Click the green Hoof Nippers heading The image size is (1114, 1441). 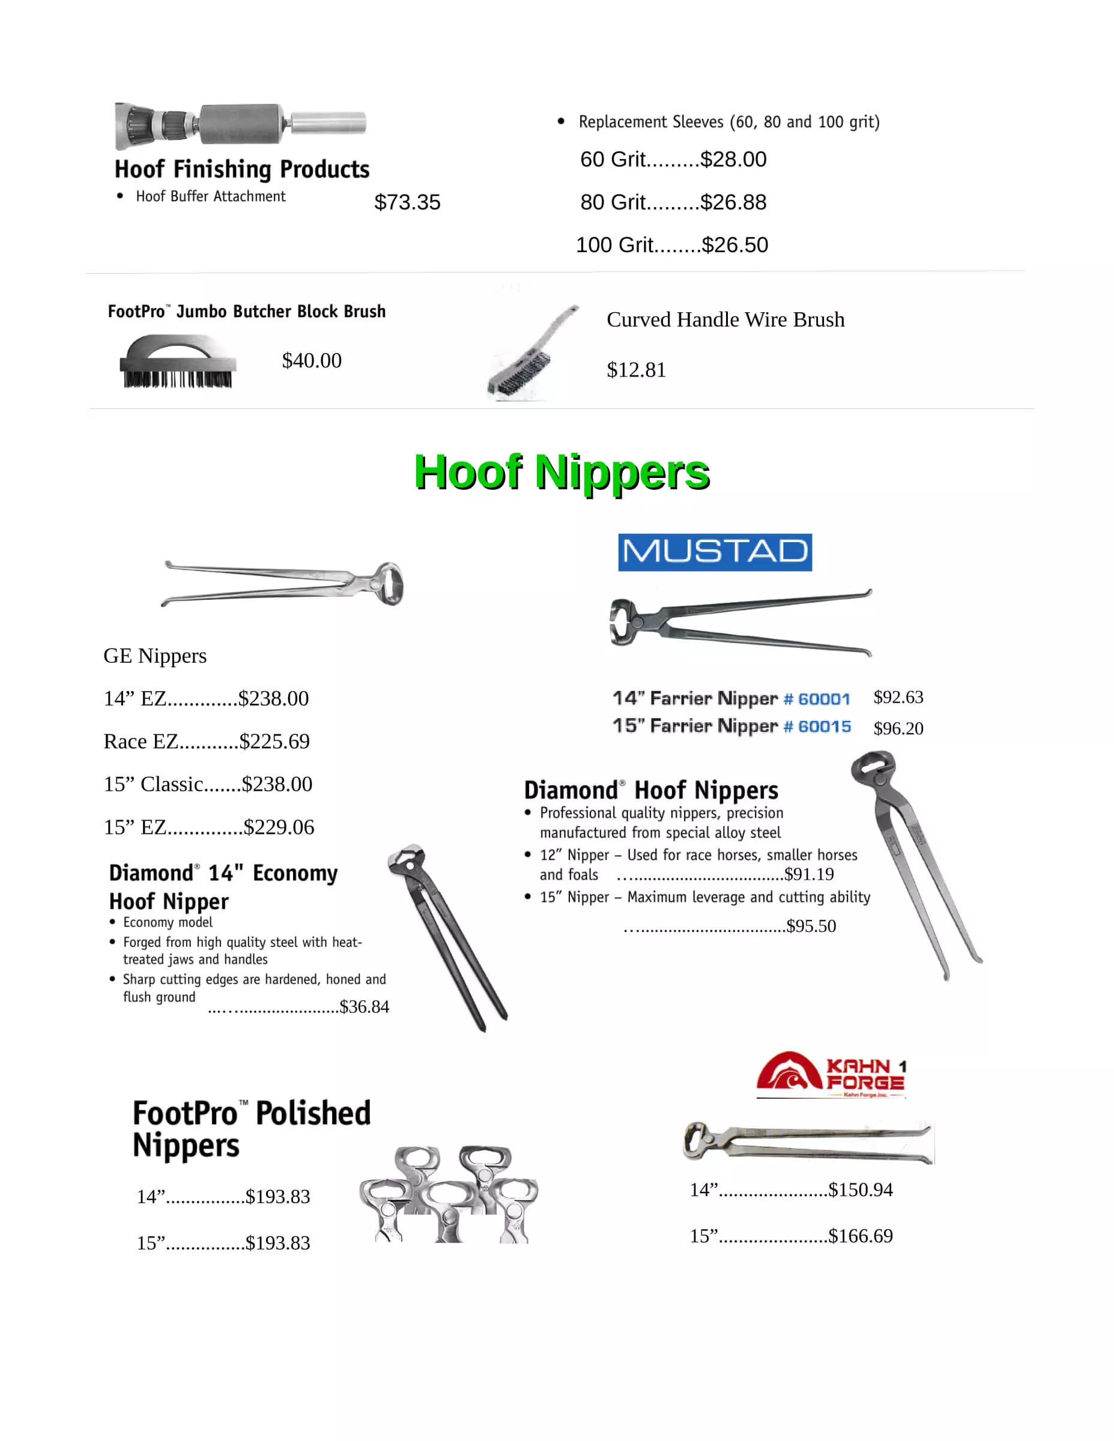pos(562,473)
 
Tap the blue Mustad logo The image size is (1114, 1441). pos(715,552)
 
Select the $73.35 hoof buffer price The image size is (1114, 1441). pos(407,202)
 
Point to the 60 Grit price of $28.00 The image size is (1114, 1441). pos(733,160)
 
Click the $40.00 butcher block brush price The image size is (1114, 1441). pos(312,360)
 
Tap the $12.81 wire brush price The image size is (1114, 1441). pos(636,370)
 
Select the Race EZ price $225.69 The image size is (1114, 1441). pos(274,742)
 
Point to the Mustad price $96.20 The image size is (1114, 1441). pos(898,728)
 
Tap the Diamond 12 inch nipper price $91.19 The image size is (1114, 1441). pos(809,874)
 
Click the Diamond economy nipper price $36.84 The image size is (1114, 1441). pos(365,1007)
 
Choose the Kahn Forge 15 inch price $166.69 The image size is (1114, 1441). pos(861,1236)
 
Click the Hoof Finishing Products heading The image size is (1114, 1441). pos(241,169)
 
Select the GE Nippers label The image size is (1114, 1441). pos(155,656)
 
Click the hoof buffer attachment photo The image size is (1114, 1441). pos(240,124)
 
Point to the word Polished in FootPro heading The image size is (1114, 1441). pos(313,1114)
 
